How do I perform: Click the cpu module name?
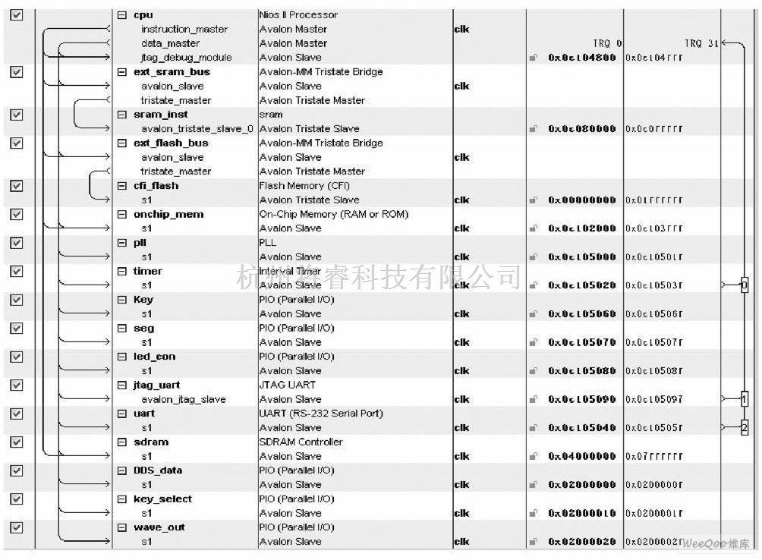[143, 14]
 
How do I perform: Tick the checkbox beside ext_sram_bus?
[17, 71]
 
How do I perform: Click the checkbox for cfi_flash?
[17, 185]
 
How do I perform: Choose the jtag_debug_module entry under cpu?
[186, 58]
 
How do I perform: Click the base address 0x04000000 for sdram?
[582, 456]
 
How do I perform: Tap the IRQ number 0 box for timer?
[744, 285]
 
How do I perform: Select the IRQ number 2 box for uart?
[744, 428]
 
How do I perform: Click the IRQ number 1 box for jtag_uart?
[744, 399]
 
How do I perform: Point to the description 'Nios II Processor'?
[298, 14]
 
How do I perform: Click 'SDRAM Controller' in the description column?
[301, 442]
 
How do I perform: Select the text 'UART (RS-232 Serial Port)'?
[321, 414]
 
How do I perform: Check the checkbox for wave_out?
[17, 527]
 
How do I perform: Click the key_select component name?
[162, 499]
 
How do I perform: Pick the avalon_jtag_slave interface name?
[183, 399]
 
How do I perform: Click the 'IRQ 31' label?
[701, 43]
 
